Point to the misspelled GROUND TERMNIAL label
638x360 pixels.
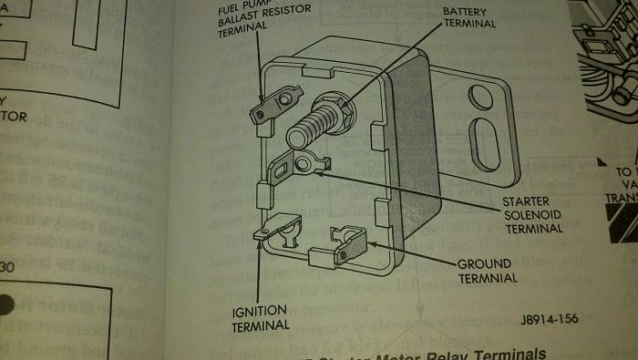click(487, 271)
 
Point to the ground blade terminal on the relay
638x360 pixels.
click(351, 247)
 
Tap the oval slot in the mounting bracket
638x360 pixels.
click(483, 146)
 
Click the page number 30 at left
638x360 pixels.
click(7, 267)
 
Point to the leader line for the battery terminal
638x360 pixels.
click(401, 64)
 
